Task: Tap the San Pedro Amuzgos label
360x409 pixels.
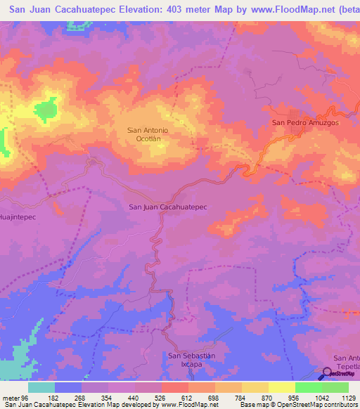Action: [x=305, y=122]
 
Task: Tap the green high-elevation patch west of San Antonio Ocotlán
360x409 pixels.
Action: [x=46, y=110]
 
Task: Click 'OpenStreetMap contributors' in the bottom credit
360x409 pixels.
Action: [x=321, y=405]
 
